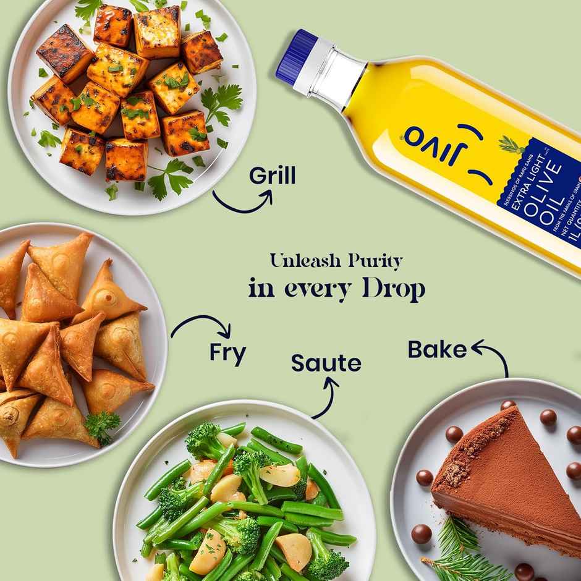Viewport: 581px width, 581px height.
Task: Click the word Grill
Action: [x=272, y=176]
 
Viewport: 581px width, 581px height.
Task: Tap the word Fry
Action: [x=227, y=352]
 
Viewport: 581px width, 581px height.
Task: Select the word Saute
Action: [x=326, y=363]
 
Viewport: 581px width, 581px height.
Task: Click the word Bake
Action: [x=437, y=349]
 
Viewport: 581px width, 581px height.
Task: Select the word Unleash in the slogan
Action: [x=304, y=261]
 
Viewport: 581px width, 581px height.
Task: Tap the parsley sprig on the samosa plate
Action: [x=102, y=425]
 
